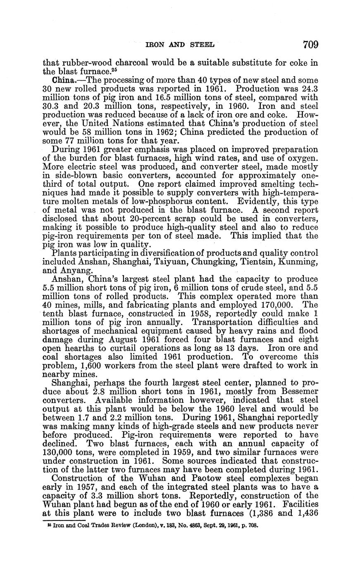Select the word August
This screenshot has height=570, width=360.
[121, 340]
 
